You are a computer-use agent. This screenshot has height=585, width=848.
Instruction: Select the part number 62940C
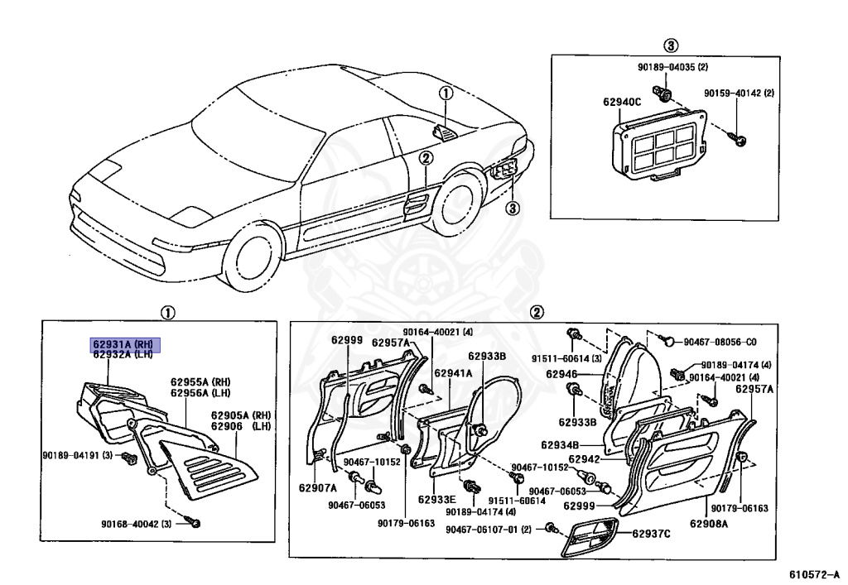[x=622, y=103]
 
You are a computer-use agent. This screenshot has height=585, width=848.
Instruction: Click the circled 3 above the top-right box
[x=671, y=45]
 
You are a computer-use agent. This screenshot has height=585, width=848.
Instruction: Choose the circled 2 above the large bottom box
[x=537, y=312]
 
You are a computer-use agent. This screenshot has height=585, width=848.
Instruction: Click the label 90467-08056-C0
[x=720, y=342]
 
